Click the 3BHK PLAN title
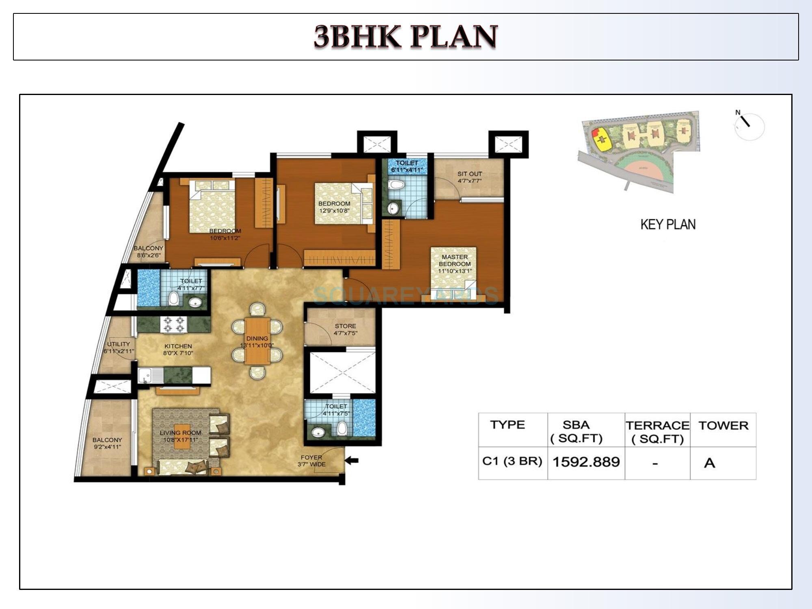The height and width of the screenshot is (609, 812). click(406, 37)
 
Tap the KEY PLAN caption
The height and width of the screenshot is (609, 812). click(668, 225)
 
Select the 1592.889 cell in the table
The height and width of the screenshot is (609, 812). click(586, 462)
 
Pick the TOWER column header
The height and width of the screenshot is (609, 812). click(723, 425)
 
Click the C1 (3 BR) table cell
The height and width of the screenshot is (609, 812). click(512, 462)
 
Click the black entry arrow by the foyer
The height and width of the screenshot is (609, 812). click(352, 460)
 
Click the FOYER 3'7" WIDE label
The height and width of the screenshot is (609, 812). click(311, 461)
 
